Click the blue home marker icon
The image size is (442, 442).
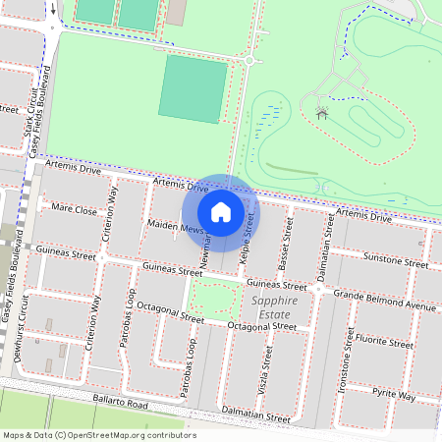tap(221, 211)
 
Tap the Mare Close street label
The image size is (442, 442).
tap(75, 210)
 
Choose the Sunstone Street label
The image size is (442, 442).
tap(396, 260)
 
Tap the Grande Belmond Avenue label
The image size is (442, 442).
tap(383, 300)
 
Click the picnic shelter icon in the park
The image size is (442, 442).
tap(322, 114)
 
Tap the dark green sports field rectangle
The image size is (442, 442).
tap(193, 88)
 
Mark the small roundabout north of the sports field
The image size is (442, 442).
tap(249, 61)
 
